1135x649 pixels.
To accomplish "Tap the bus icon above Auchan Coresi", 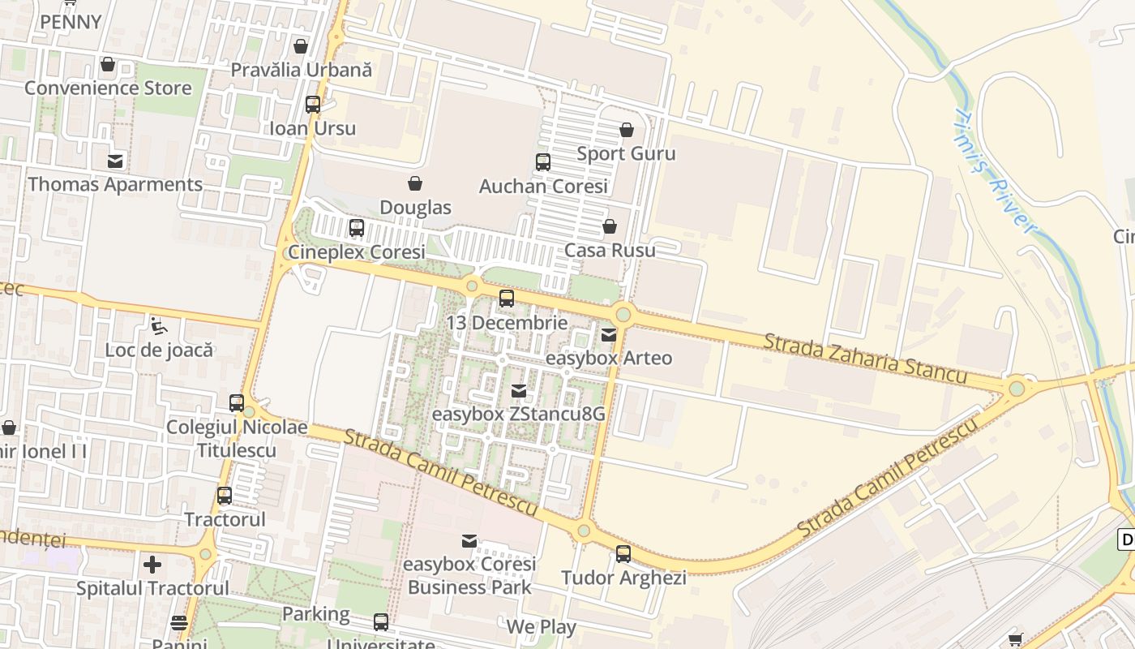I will tap(543, 162).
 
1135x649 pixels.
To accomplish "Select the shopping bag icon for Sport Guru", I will tap(627, 130).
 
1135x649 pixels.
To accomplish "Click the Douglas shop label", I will tap(415, 208).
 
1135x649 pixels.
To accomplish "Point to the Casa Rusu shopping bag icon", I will tap(609, 226).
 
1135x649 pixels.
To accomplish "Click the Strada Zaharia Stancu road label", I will tap(865, 358).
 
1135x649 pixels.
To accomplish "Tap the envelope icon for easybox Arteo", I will tap(609, 334).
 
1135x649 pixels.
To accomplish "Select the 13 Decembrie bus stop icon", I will tap(507, 299).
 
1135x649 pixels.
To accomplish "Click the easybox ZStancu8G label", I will tap(519, 414).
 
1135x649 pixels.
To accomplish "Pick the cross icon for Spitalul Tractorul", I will tap(152, 564).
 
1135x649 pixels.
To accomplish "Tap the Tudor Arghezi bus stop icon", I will tap(623, 554).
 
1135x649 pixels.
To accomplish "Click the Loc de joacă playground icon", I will tap(159, 326).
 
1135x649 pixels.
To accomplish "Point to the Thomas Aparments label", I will tap(115, 184).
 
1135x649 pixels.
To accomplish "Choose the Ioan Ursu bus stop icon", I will tap(313, 105).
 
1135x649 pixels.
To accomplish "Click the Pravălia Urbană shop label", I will tap(302, 70).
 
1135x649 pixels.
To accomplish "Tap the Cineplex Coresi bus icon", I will tap(357, 228).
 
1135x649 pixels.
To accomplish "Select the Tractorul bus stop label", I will tap(225, 519).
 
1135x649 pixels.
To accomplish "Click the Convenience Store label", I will tap(108, 88).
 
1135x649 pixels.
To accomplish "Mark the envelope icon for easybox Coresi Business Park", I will tap(469, 540).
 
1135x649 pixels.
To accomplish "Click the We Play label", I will tap(541, 627).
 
